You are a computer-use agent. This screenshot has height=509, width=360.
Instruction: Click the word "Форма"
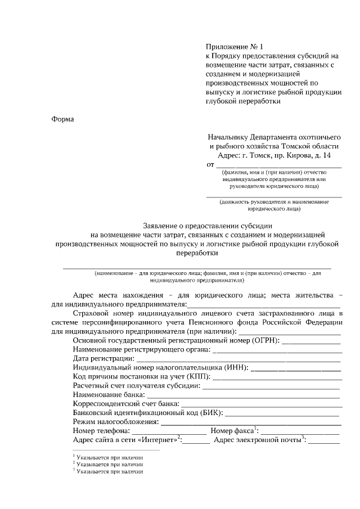[62, 119]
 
